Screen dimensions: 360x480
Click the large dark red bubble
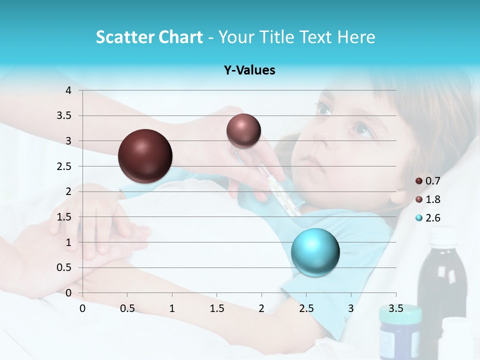[145, 156]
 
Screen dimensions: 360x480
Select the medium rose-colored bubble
[243, 130]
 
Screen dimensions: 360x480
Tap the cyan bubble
[315, 252]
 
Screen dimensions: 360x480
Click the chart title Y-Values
[249, 70]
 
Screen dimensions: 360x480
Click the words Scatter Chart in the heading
[149, 37]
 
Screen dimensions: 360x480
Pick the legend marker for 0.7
[419, 181]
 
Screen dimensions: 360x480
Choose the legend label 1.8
[432, 199]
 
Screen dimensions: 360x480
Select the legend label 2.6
[432, 218]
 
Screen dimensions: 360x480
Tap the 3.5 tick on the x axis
[395, 308]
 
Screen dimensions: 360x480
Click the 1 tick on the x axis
[172, 308]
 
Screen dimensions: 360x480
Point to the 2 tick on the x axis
[261, 308]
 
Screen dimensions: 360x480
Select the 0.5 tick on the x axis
[127, 308]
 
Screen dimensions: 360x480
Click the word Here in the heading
[356, 37]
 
